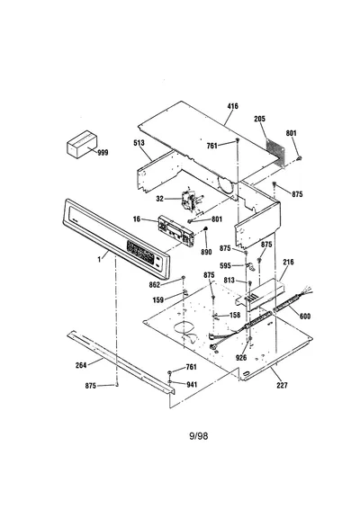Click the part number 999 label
[x=103, y=153]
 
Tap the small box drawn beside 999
[x=82, y=144]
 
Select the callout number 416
[x=232, y=106]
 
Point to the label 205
[x=259, y=119]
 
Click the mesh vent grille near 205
[x=275, y=152]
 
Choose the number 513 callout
[x=139, y=143]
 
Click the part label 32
[x=160, y=199]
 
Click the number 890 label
[x=206, y=252]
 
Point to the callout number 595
[x=225, y=266]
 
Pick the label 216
[x=288, y=262]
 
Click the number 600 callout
[x=305, y=316]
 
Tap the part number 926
[x=241, y=358]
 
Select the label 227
[x=282, y=385]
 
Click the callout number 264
[x=81, y=365]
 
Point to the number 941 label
[x=192, y=385]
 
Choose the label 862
[x=155, y=285]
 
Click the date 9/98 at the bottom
[x=199, y=435]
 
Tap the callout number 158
[x=235, y=315]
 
